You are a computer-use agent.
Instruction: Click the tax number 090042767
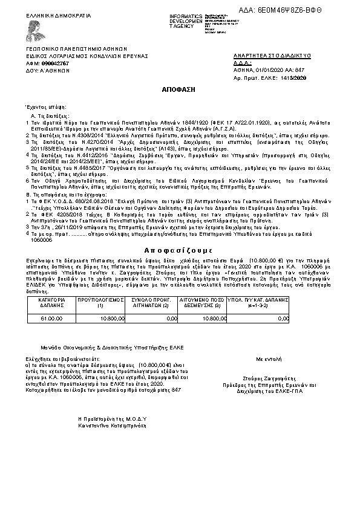pos(55,62)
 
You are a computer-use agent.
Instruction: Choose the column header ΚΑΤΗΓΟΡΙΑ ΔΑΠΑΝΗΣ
pos(51,302)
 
